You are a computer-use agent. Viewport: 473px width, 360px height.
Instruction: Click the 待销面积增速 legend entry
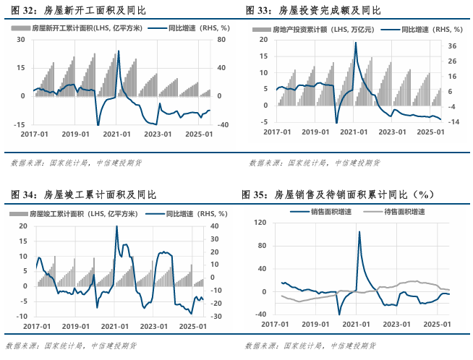[404, 212]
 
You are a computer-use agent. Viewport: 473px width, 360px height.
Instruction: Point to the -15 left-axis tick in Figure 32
[21, 125]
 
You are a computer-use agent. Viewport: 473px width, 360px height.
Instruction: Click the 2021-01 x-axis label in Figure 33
[353, 132]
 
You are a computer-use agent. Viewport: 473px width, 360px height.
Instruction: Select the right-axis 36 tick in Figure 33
[452, 46]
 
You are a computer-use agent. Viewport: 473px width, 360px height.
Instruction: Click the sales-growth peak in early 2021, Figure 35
[359, 232]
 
